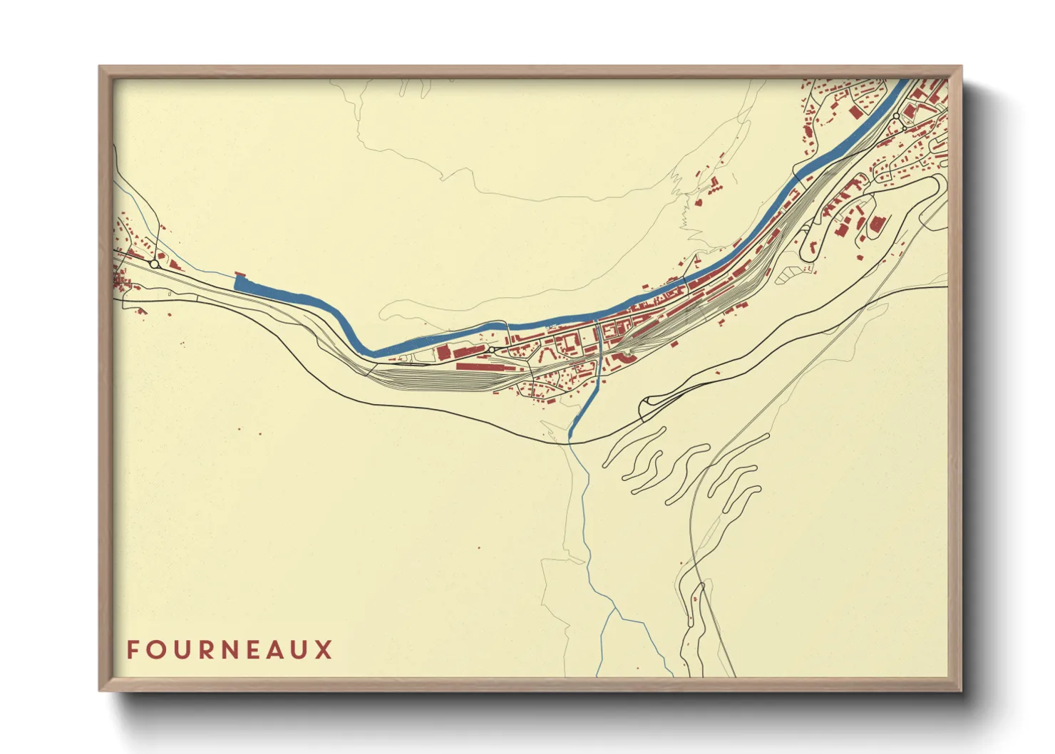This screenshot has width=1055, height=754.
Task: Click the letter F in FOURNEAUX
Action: [133, 650]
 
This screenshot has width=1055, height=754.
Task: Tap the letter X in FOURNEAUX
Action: [324, 650]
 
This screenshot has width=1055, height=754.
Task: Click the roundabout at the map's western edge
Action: [154, 264]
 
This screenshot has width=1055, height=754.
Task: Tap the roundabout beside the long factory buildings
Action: [492, 350]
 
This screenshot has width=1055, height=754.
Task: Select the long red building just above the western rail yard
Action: [479, 366]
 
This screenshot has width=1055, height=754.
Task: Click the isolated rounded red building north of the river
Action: [699, 202]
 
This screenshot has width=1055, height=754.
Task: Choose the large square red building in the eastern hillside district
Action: [876, 224]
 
